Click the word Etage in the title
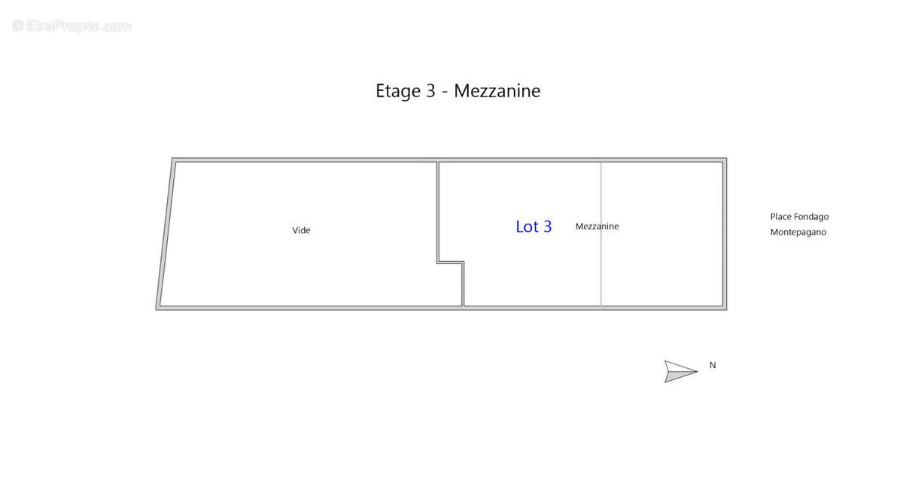click(x=398, y=91)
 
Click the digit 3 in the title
click(x=430, y=90)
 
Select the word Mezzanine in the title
click(x=497, y=90)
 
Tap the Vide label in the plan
click(x=301, y=230)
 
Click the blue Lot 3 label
click(x=534, y=227)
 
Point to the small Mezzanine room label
click(x=597, y=226)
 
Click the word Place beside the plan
click(x=781, y=217)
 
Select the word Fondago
click(x=811, y=217)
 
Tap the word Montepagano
click(x=798, y=232)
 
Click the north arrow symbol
click(x=681, y=371)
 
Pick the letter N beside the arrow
click(x=713, y=365)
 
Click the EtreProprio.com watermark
click(x=71, y=26)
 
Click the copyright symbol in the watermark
click(x=18, y=26)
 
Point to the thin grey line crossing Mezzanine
click(x=601, y=234)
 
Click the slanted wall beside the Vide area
click(x=166, y=234)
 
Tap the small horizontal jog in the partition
click(x=451, y=263)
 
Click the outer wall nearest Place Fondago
click(x=725, y=234)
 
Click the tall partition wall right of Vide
click(x=438, y=212)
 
